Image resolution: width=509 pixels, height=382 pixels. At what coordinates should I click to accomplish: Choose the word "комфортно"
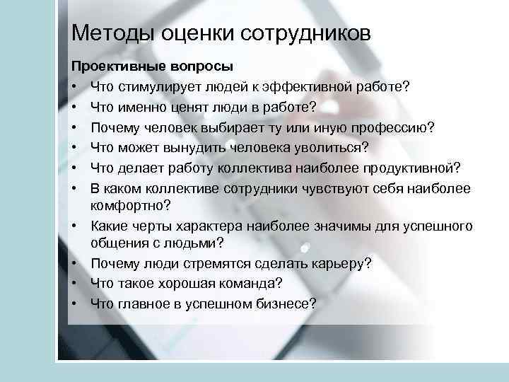click(x=129, y=205)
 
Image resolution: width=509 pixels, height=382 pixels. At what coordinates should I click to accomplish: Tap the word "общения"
click(x=117, y=243)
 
